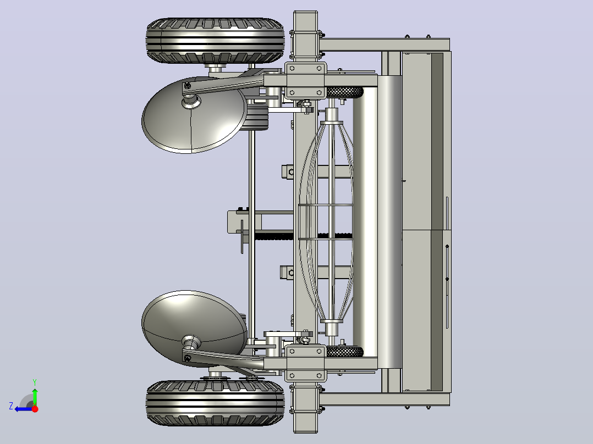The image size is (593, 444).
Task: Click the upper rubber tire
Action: coord(215,41)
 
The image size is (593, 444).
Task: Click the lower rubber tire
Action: coord(215,403)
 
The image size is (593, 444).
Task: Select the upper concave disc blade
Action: coord(194,115)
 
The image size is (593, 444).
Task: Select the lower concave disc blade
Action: coord(194,329)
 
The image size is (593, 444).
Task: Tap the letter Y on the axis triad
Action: coord(35,382)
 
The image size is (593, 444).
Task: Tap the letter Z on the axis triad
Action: coord(11,406)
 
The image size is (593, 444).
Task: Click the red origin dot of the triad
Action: coord(35,409)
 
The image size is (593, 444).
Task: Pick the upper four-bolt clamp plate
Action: coord(306,80)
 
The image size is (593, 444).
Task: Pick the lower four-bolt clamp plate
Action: coord(306,363)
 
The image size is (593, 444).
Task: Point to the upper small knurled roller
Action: coord(344,92)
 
